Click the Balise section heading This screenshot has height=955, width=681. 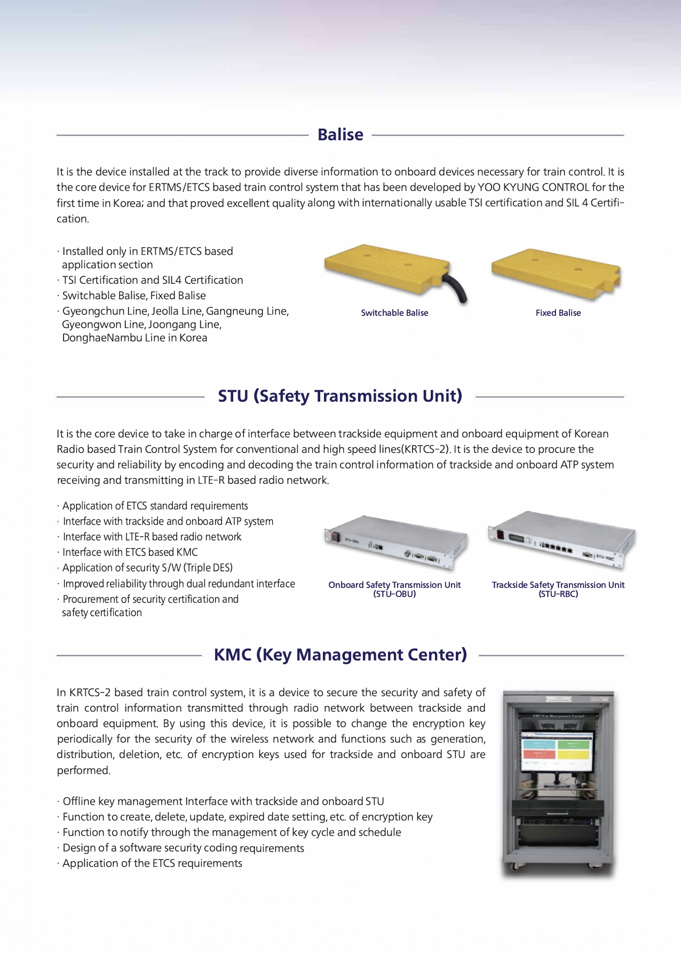click(x=340, y=134)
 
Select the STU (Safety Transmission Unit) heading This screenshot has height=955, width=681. click(x=340, y=396)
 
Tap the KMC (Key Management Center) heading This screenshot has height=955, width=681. click(x=340, y=655)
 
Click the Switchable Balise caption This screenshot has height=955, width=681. click(x=394, y=313)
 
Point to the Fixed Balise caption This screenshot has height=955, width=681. click(x=558, y=313)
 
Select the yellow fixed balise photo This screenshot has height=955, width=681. click(x=556, y=273)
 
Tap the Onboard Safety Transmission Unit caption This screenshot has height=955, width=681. click(x=394, y=585)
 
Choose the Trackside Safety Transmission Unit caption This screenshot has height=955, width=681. click(x=558, y=585)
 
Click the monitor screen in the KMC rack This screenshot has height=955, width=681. click(x=556, y=747)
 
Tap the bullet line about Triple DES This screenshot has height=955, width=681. click(x=147, y=568)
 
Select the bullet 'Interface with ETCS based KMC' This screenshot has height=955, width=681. click(x=130, y=552)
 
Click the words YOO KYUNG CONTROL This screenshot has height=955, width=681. click(x=533, y=187)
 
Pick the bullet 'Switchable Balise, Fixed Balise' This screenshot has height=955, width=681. click(x=133, y=296)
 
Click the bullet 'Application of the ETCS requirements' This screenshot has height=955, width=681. click(x=152, y=863)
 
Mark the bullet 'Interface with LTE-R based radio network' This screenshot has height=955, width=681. click(x=152, y=537)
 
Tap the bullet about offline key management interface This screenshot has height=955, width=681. click(x=223, y=801)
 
